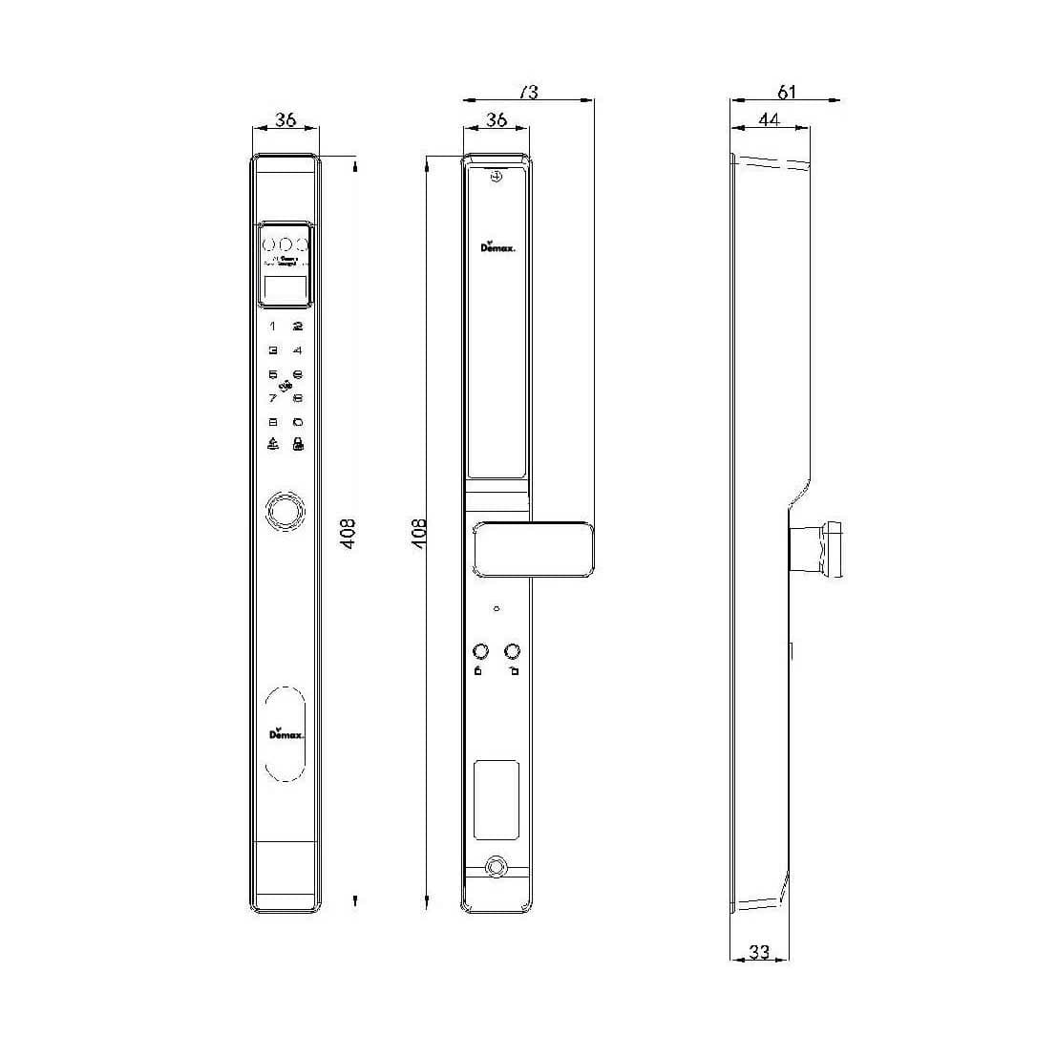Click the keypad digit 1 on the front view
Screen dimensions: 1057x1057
coord(272,327)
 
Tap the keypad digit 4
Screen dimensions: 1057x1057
coord(298,350)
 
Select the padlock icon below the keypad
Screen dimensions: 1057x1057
coord(298,444)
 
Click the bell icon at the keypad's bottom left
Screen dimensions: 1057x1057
coord(273,444)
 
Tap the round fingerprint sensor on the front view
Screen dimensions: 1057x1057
coord(284,511)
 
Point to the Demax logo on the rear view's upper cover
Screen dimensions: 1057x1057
coord(497,246)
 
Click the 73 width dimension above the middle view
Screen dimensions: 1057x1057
coord(528,92)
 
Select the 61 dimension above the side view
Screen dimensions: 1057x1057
coord(786,92)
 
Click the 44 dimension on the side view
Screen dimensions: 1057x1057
coord(769,119)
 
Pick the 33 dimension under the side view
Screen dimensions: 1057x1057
coord(759,952)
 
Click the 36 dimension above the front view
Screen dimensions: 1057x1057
coord(285,120)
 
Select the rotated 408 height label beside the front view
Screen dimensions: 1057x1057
coord(349,532)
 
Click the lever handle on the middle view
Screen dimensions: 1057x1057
coord(535,549)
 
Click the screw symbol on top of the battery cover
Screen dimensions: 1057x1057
coord(496,178)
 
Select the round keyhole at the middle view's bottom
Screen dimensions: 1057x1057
coord(496,867)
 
